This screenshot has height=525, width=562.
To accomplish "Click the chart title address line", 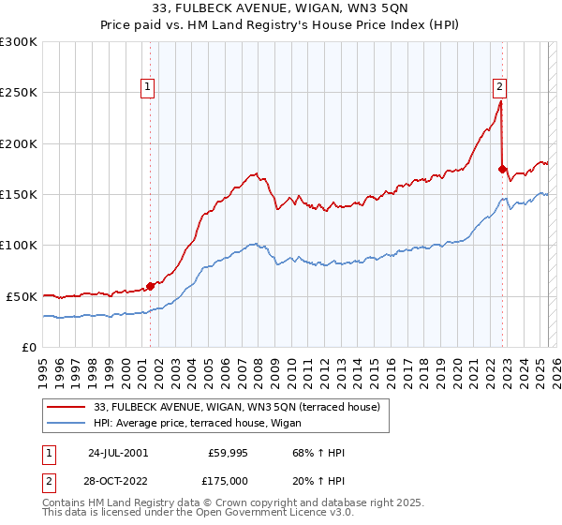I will (281, 10).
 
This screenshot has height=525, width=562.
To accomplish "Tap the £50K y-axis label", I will (22, 296).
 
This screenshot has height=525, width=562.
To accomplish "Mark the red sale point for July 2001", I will (151, 286).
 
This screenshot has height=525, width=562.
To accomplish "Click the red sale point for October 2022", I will (503, 170).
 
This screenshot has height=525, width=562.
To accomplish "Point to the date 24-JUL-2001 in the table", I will (118, 453).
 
